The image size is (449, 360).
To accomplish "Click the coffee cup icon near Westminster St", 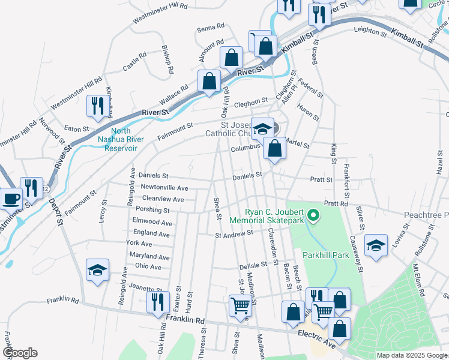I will (x=10, y=197).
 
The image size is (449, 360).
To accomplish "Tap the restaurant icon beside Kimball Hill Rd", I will (x=96, y=106).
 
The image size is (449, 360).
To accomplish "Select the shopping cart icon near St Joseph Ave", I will (x=240, y=305).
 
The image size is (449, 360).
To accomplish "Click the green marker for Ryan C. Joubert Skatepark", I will (x=312, y=214).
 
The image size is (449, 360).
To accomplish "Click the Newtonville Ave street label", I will (x=164, y=188).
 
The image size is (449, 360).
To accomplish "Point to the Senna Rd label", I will (x=211, y=27).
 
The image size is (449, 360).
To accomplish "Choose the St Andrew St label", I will (x=231, y=235).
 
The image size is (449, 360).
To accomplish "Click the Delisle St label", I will (x=253, y=264).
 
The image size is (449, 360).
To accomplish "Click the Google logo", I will (x=20, y=353).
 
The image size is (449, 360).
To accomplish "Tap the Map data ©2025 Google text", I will (x=412, y=355).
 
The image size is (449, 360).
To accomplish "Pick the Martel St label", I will (x=298, y=145).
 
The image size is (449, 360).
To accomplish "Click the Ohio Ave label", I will (x=148, y=266).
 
